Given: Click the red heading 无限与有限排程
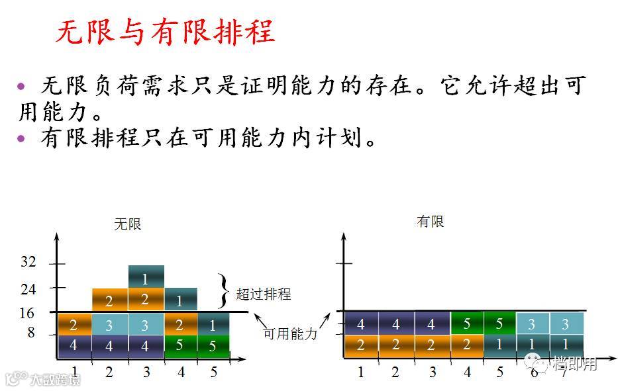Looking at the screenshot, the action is [164, 32].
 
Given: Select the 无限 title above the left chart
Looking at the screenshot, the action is [128, 224].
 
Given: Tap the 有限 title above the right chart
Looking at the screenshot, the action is [431, 222].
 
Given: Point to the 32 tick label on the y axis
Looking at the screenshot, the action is [28, 262].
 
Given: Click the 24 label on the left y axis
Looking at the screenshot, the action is [28, 289].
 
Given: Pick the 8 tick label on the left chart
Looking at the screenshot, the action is [30, 333].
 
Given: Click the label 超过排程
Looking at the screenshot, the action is [264, 294].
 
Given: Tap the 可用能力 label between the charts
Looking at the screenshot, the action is [290, 334].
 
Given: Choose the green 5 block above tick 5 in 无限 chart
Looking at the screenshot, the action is [213, 346].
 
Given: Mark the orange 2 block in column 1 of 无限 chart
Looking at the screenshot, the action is [74, 324].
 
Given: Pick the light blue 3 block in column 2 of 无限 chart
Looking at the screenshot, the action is [109, 324].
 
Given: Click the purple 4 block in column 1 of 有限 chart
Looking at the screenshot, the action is [361, 324].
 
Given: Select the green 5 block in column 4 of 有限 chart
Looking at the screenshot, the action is [467, 324].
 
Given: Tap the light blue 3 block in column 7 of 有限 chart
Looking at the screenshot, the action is [566, 324].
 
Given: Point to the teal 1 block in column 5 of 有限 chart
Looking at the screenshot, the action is [499, 345].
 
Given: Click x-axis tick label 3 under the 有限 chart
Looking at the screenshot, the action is [432, 372].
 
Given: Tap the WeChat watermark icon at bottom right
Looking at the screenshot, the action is [535, 363].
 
